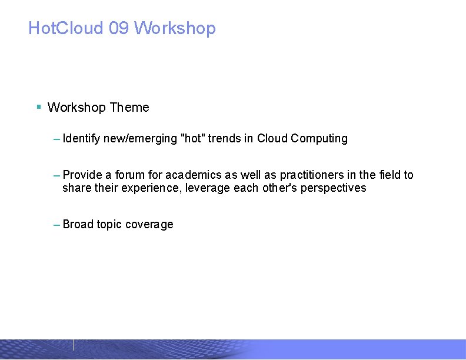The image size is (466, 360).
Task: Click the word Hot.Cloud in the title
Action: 66,28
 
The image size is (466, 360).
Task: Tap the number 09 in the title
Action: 119,28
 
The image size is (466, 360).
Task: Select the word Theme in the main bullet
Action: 129,108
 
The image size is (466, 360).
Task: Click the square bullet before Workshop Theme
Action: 38,107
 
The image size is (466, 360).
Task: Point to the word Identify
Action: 81,139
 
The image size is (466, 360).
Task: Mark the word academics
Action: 192,175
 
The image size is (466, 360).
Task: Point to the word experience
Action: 155,188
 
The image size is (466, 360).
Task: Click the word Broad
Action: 78,225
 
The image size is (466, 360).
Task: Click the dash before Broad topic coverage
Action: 56,225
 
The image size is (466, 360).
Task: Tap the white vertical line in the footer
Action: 74,345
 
